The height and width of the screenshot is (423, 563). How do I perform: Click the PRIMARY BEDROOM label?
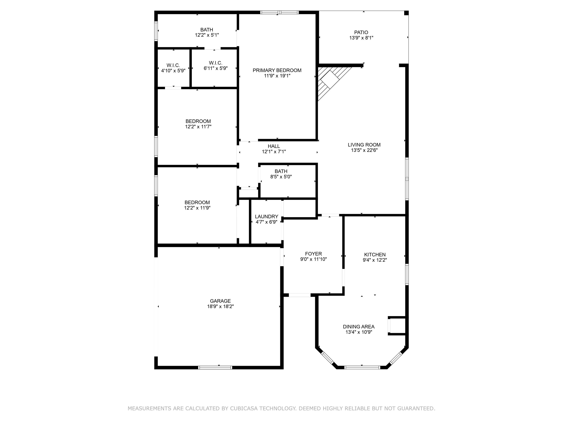click(x=277, y=70)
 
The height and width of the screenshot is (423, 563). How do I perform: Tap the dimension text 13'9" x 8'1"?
click(x=361, y=38)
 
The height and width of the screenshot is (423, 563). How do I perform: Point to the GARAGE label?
click(x=220, y=301)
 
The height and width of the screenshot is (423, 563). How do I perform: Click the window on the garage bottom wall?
click(x=215, y=367)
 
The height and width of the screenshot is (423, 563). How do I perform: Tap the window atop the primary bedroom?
click(x=279, y=12)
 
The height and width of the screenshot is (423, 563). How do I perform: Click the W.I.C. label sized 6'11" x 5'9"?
click(x=216, y=63)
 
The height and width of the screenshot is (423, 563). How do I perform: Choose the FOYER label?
click(x=313, y=254)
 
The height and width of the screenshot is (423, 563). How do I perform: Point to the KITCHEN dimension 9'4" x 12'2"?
click(x=375, y=260)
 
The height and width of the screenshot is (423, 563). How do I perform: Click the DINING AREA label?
click(x=359, y=327)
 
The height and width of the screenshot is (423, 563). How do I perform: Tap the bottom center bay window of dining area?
click(x=362, y=367)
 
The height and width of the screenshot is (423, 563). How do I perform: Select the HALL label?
click(x=274, y=146)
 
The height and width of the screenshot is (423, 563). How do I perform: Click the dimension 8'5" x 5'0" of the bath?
click(x=281, y=177)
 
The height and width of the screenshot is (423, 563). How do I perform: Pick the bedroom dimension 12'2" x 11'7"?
click(x=198, y=127)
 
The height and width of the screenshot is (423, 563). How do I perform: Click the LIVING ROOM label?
click(x=364, y=145)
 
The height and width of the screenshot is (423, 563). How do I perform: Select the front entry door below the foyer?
click(x=300, y=295)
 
